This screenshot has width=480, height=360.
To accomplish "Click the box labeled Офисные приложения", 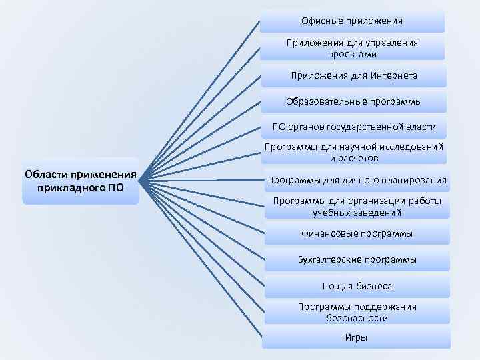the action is point(352,21).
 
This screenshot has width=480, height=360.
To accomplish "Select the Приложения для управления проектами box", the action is point(352,48).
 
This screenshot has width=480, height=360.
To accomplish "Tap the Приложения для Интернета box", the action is point(353,75).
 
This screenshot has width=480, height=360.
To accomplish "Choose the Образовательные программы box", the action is point(354,101).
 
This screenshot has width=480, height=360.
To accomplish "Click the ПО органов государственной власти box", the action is point(354,127).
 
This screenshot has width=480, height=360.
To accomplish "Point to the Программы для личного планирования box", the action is point(357,180).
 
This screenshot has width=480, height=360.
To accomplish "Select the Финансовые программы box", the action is point(357,233).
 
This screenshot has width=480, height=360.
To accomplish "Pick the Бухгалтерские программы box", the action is point(357,259).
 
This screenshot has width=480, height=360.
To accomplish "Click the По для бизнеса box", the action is point(357,286).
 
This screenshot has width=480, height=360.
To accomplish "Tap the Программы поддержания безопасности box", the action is point(357,312).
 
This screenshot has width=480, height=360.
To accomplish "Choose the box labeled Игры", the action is point(357,337).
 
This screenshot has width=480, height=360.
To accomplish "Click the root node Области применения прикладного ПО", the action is point(81,181).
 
